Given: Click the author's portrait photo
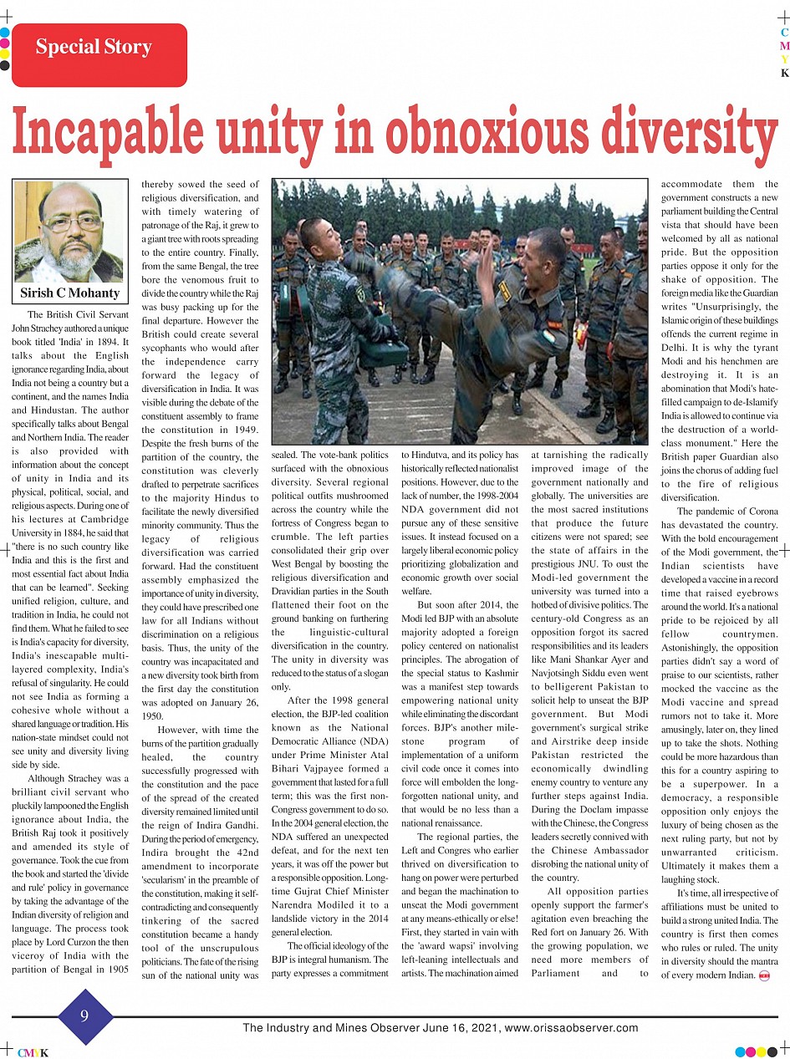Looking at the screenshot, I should click(x=70, y=232).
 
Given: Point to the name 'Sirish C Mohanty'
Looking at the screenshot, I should click(x=70, y=293).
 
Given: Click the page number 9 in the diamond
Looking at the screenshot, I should click(x=84, y=1016).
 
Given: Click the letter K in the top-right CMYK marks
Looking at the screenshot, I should click(x=784, y=73).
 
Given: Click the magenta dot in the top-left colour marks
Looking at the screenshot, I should click(x=5, y=43).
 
